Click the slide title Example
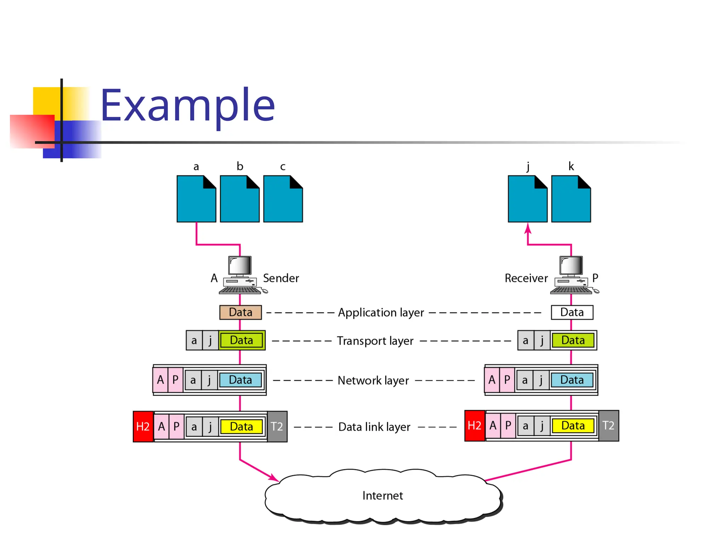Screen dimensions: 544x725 188,105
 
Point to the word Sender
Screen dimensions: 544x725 281,278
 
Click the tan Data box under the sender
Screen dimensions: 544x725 240,312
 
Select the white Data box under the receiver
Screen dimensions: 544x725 572,312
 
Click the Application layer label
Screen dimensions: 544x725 381,313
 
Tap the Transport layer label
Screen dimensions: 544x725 375,341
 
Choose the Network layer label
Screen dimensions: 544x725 373,380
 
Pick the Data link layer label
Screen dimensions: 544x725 374,427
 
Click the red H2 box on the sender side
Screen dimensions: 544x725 143,426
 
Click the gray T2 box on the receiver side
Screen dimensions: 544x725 609,425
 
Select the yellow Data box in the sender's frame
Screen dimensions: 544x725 241,426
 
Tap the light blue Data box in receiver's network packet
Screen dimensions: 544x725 572,380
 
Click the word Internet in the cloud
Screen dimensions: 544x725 382,495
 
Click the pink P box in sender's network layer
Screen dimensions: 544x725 175,380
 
